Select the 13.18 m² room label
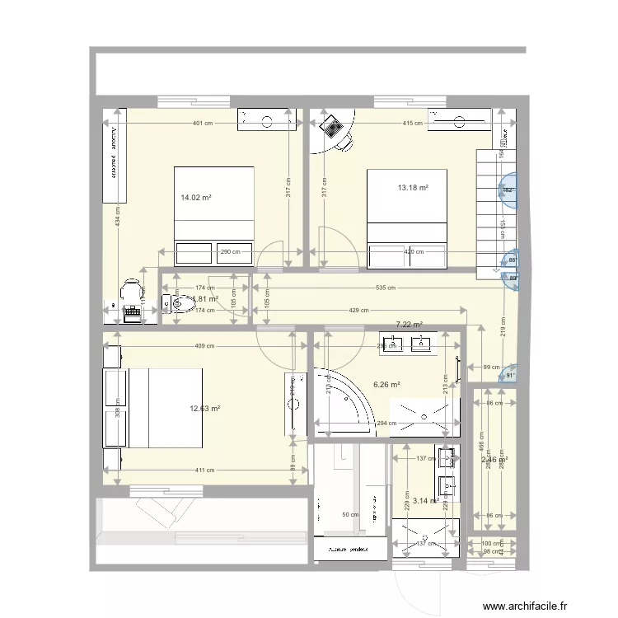(414, 188)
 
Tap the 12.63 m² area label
(204, 408)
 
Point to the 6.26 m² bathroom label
(386, 384)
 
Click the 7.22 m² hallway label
(409, 325)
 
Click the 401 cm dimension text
(204, 124)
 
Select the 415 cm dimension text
(413, 124)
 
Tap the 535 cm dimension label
(386, 288)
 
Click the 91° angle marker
(510, 375)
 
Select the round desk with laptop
(336, 133)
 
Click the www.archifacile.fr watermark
(525, 606)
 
